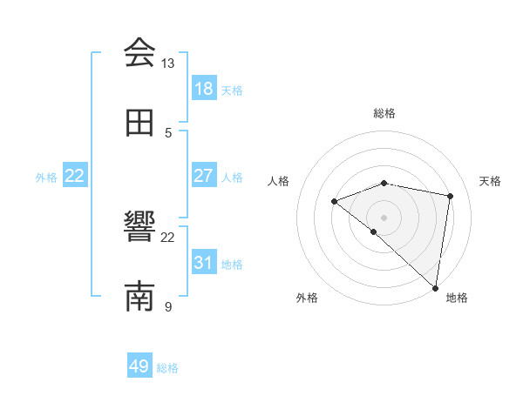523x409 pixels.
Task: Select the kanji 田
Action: [139, 123]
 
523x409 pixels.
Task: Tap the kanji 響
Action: [139, 228]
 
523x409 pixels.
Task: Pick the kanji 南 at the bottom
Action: [139, 297]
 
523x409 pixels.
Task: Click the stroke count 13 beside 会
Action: [168, 64]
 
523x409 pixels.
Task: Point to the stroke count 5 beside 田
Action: [168, 133]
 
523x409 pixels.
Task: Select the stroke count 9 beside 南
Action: [168, 307]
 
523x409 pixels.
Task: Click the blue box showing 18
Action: [203, 88]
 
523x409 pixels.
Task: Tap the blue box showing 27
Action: [203, 175]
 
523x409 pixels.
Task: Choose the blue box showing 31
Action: [203, 262]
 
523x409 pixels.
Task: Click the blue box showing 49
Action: [139, 366]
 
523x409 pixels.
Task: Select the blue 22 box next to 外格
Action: [75, 175]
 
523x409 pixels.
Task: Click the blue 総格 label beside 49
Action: [167, 368]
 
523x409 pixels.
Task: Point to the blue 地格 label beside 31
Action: [232, 265]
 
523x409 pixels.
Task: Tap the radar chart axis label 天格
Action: [490, 181]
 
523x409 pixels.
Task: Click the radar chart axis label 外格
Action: [307, 298]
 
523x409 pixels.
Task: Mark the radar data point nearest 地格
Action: [435, 288]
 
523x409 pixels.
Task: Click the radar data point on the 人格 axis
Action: [334, 202]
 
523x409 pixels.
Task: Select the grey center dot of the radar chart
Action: [384, 217]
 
